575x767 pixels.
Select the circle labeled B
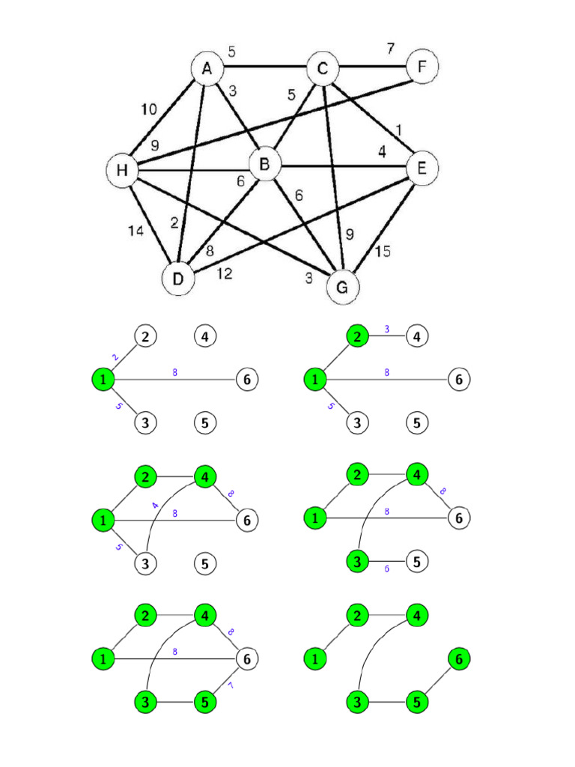click(264, 163)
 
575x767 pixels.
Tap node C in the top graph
click(322, 70)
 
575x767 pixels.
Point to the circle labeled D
click(177, 279)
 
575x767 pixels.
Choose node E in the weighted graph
click(422, 169)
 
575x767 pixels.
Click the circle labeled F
click(422, 67)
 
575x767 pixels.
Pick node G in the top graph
click(343, 287)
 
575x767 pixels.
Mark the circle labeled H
click(122, 171)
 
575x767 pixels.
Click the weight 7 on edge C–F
click(390, 49)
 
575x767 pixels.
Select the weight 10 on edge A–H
click(149, 109)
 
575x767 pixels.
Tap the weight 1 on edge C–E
click(398, 130)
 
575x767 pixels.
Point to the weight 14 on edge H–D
click(136, 231)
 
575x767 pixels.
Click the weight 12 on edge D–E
click(225, 274)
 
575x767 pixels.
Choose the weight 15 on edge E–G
click(382, 251)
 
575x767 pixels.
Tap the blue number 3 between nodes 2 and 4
click(386, 329)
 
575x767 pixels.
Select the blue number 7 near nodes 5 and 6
click(231, 685)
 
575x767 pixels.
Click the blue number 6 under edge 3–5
click(386, 569)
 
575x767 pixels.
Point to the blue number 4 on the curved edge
click(156, 506)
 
